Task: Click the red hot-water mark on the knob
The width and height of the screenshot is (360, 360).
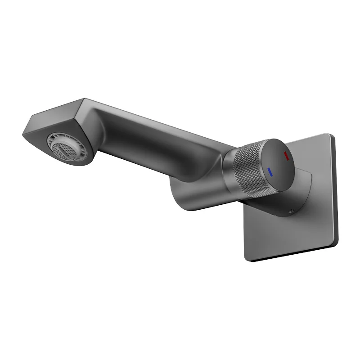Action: (286, 156)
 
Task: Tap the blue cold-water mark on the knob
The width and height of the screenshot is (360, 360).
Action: (270, 171)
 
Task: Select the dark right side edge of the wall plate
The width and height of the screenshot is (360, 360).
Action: (335, 189)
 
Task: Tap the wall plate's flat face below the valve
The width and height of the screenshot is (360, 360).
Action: (288, 234)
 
